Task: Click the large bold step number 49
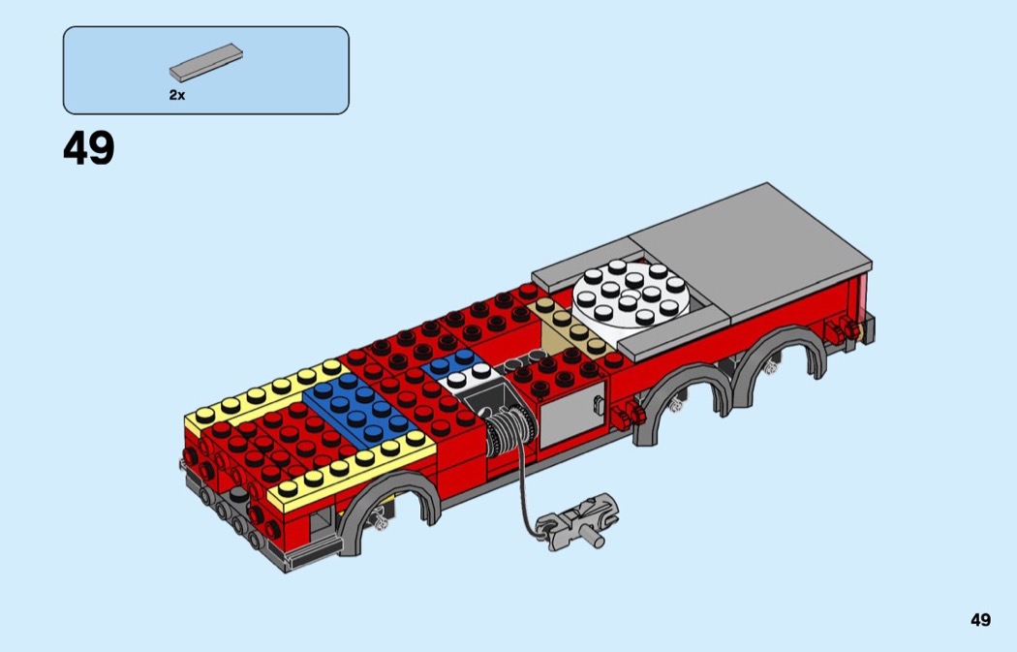click(89, 148)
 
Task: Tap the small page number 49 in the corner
click(980, 620)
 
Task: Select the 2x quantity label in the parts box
click(177, 95)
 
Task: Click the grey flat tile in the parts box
click(206, 62)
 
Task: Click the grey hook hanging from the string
click(577, 521)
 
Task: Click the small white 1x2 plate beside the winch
click(468, 376)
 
